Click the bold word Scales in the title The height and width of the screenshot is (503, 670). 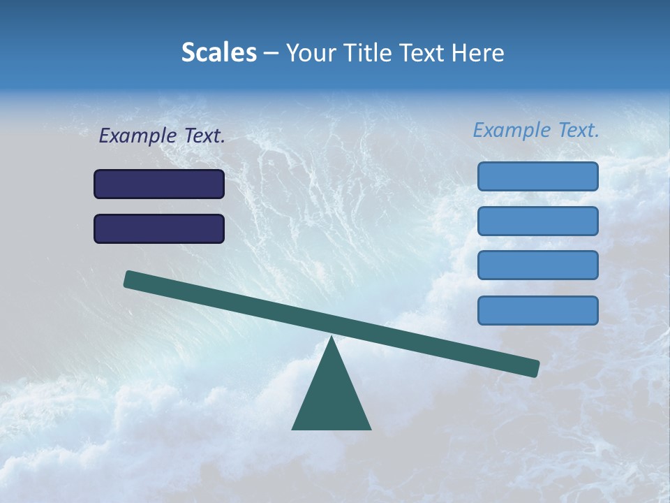(x=218, y=52)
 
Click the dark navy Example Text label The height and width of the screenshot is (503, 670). (x=162, y=136)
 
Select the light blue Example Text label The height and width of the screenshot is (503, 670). (x=536, y=130)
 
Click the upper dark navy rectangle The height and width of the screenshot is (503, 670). (x=159, y=184)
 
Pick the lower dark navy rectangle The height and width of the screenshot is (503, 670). (x=159, y=228)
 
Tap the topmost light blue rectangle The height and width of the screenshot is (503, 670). (x=538, y=176)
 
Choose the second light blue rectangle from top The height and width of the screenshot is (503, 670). (x=538, y=221)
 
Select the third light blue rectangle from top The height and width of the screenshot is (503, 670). (x=538, y=265)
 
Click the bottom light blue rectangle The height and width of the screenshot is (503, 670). (x=538, y=310)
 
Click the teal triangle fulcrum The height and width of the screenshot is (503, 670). (x=332, y=398)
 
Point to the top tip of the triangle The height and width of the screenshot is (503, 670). (x=332, y=338)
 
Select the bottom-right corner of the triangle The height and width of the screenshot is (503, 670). (x=369, y=428)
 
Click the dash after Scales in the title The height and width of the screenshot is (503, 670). (x=271, y=54)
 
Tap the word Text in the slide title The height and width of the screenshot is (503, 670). (x=420, y=52)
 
